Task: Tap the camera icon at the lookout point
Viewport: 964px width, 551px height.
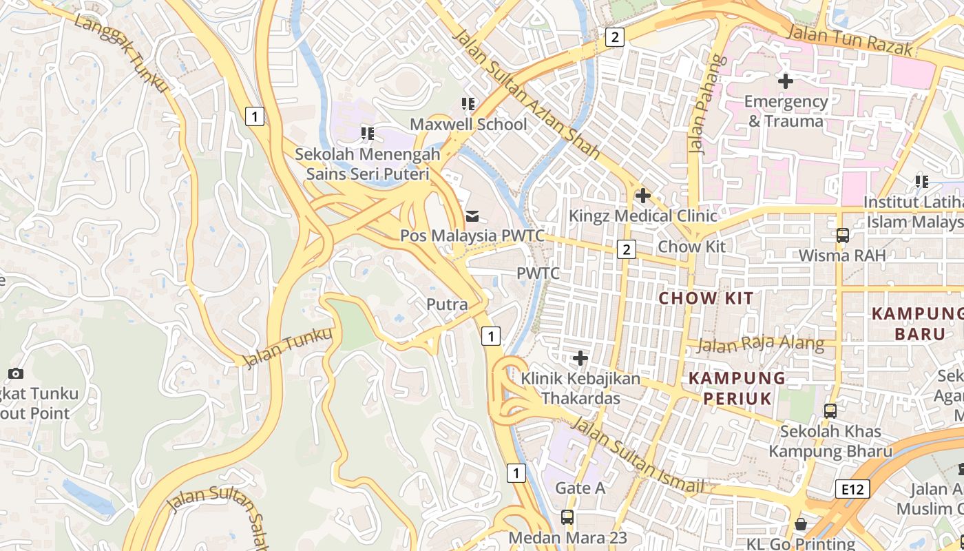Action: pyautogui.click(x=15, y=374)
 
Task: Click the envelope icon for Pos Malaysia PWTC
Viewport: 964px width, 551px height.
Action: pyautogui.click(x=472, y=216)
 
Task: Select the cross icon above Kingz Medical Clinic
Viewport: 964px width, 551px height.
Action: pyautogui.click(x=642, y=196)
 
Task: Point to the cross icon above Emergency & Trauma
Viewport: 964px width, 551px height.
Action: pyautogui.click(x=785, y=81)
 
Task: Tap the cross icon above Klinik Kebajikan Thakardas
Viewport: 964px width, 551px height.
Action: pyautogui.click(x=580, y=358)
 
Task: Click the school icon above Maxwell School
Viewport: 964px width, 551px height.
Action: pyautogui.click(x=468, y=104)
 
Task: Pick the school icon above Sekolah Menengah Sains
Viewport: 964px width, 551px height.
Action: pyautogui.click(x=368, y=133)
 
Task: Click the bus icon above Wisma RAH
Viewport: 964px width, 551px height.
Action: pyautogui.click(x=842, y=236)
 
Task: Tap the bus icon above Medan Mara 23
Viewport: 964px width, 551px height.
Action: pyautogui.click(x=567, y=517)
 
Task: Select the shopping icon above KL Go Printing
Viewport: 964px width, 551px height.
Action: pyautogui.click(x=800, y=523)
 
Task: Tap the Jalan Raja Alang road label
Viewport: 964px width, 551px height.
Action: pyautogui.click(x=760, y=343)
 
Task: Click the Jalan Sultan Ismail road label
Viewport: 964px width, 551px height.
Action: pyautogui.click(x=637, y=455)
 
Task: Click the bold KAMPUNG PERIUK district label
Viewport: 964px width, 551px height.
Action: pyautogui.click(x=737, y=388)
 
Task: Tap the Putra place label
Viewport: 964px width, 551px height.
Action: pyautogui.click(x=447, y=304)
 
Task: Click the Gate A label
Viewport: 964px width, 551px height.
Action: pyautogui.click(x=580, y=488)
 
